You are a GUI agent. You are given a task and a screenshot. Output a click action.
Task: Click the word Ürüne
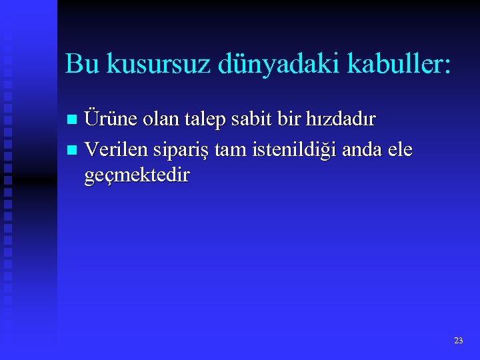coord(111,119)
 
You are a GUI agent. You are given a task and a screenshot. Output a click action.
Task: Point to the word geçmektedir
coord(137,176)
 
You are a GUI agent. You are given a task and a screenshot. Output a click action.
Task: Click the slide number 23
coord(458,341)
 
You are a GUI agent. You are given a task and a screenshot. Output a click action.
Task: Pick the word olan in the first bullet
coord(161,119)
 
